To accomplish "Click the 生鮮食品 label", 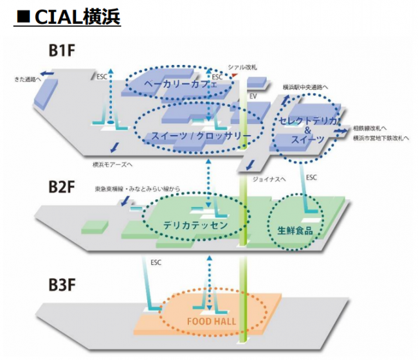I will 295,230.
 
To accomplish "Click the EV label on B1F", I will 253,95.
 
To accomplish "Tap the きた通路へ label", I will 28,80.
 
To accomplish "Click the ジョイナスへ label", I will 269,180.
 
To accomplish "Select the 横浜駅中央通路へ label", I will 305,87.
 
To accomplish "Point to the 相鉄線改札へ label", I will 374,129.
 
